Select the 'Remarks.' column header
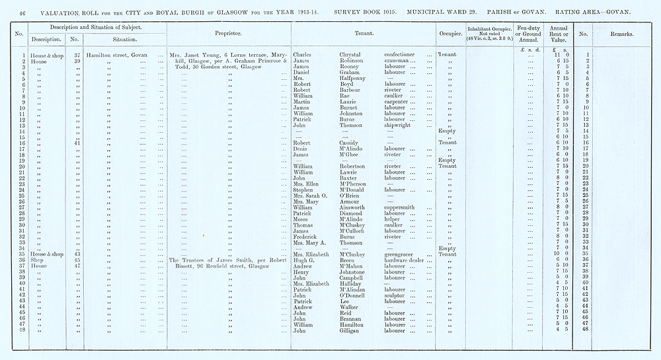(619, 33)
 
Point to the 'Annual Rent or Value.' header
(559, 32)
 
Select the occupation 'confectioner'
(395, 54)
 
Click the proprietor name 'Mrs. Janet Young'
(192, 54)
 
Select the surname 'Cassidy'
(344, 143)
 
